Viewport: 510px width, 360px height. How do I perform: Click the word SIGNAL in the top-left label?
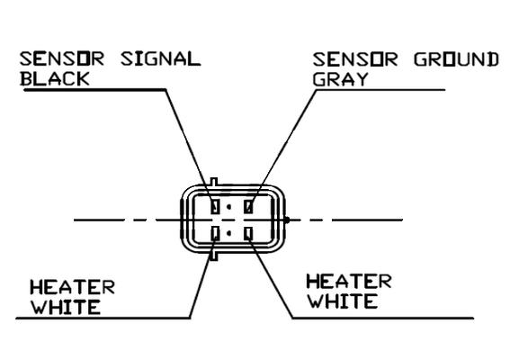(x=160, y=58)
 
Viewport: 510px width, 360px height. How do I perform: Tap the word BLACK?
(x=55, y=79)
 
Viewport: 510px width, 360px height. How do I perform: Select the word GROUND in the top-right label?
(x=456, y=60)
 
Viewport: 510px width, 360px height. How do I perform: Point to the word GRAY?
(x=340, y=79)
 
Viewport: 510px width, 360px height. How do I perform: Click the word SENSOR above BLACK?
(x=62, y=58)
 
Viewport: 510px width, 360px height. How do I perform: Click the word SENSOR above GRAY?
(x=355, y=60)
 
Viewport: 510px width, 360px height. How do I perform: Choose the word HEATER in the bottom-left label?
(x=72, y=288)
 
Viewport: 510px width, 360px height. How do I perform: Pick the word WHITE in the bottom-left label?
(x=66, y=307)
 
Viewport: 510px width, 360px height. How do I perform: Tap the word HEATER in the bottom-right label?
(x=349, y=282)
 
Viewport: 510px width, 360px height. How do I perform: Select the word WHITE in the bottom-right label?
(x=342, y=301)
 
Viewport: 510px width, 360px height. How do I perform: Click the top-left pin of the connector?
(x=215, y=206)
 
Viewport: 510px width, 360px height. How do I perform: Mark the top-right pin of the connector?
(x=248, y=206)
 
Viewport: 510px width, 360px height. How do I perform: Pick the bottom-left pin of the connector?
(x=215, y=234)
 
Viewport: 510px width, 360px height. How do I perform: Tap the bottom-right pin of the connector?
(x=248, y=234)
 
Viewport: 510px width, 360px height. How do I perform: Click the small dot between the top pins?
(x=229, y=206)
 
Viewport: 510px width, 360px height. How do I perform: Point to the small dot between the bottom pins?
(x=229, y=233)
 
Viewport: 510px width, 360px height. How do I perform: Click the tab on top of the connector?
(x=214, y=182)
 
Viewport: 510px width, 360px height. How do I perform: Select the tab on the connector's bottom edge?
(x=214, y=256)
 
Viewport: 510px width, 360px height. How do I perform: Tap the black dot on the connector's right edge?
(x=286, y=220)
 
